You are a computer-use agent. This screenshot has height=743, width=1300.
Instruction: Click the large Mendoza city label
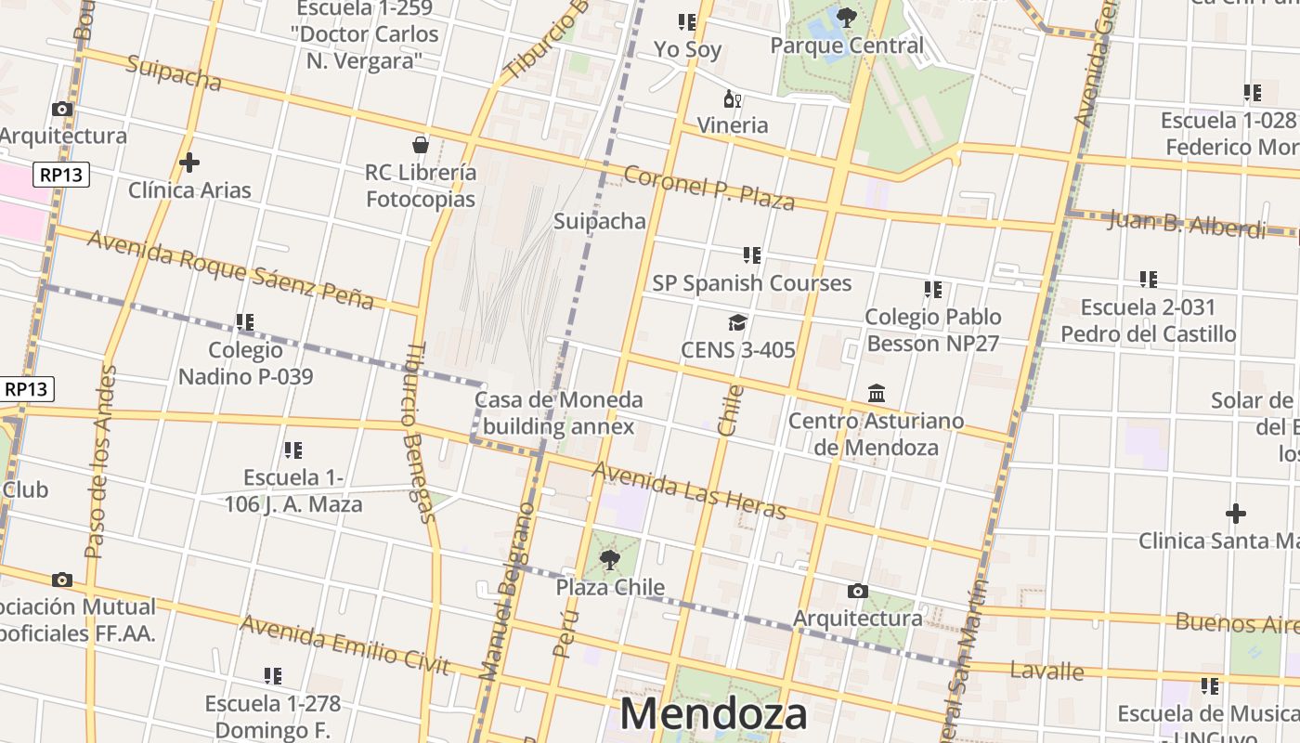713,713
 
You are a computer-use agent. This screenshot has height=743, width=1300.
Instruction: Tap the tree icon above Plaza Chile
610,559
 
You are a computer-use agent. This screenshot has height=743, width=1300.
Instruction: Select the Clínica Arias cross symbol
189,163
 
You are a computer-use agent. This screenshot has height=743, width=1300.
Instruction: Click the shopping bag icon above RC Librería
421,145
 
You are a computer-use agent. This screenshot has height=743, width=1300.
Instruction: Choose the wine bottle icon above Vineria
733,98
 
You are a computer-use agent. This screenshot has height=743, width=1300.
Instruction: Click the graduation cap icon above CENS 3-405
737,322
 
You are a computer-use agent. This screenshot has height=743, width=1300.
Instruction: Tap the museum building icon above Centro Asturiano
877,394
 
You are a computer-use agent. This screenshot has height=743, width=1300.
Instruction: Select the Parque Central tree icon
846,17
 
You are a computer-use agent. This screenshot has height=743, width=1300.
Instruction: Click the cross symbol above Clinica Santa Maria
1236,513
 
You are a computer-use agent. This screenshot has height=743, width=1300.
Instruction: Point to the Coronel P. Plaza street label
708,188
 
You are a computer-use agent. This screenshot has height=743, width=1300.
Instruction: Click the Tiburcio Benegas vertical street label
419,432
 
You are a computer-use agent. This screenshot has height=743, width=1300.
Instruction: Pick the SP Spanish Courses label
751,283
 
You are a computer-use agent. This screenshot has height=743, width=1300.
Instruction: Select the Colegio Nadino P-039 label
245,363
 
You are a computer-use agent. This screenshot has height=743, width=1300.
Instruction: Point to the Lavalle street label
1046,671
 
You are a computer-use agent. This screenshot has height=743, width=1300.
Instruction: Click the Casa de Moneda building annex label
558,413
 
